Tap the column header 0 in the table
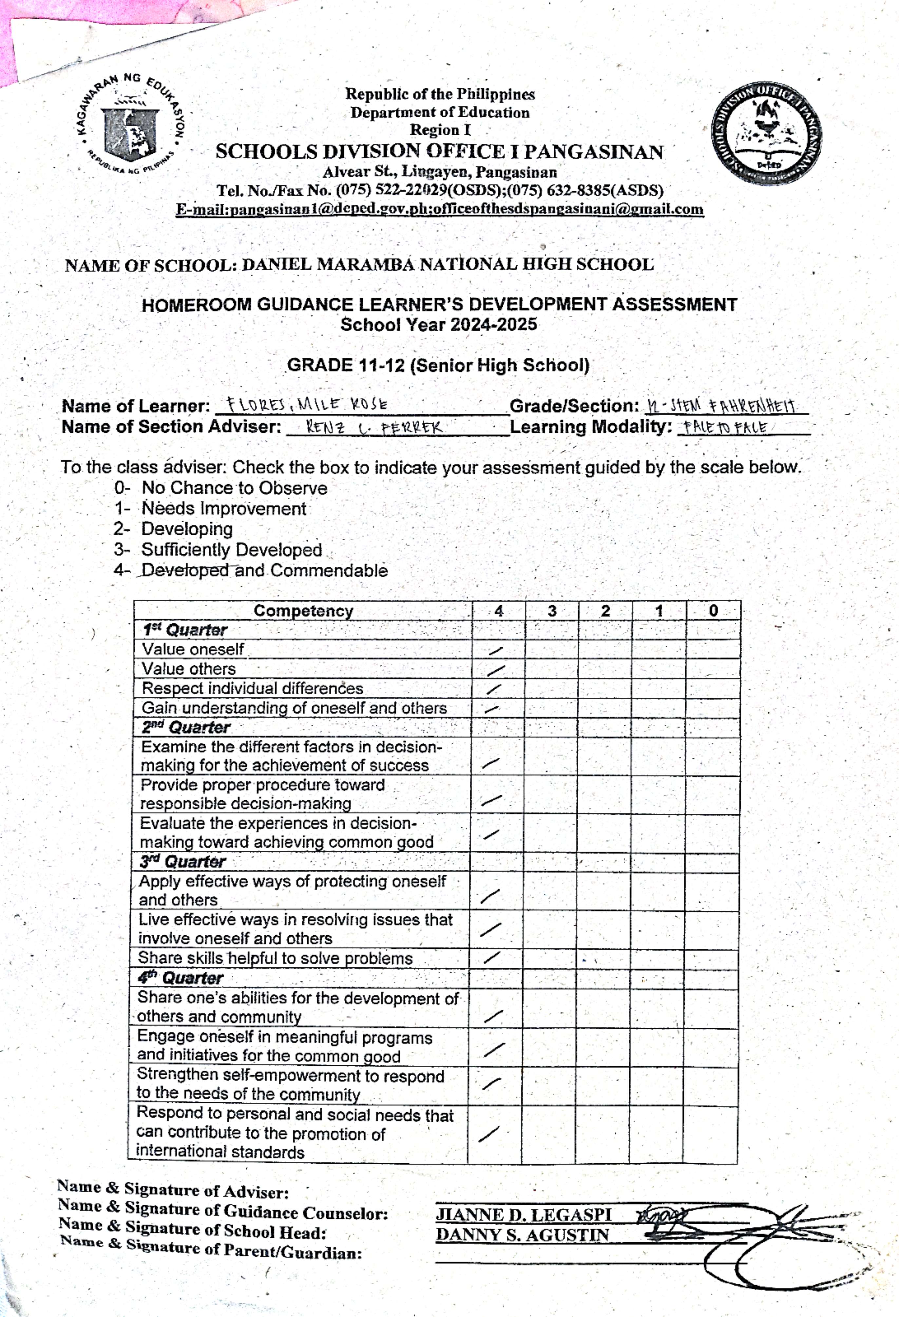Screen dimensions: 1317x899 (x=713, y=611)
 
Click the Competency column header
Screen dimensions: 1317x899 (x=303, y=611)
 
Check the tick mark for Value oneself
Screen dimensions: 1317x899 (x=497, y=651)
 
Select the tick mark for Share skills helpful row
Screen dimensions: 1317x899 (x=492, y=958)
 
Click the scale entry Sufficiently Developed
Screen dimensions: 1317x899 (x=231, y=550)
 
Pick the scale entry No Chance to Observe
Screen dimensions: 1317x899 (x=234, y=488)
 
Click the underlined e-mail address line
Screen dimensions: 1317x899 (x=439, y=209)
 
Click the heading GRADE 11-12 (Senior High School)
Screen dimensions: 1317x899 (x=438, y=365)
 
